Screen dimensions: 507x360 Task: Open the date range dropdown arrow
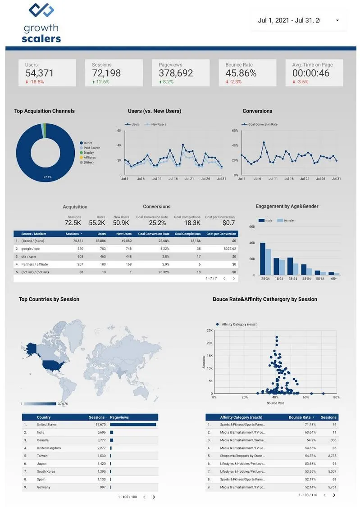pos(337,20)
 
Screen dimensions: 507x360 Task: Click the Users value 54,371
pos(39,73)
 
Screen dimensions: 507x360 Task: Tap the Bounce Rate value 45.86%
pos(241,73)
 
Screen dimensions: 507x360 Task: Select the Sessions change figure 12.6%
pos(102,82)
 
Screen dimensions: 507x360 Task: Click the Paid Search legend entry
pos(91,148)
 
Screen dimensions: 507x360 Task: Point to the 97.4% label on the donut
pos(47,177)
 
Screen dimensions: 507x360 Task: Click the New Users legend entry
pos(158,124)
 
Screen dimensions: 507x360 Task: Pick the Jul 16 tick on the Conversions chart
pos(289,179)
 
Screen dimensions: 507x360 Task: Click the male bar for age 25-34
pos(263,258)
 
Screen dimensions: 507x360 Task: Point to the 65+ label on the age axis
pos(334,279)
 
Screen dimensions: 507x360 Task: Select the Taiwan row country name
pos(43,456)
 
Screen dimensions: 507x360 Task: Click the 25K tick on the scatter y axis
pos(210,330)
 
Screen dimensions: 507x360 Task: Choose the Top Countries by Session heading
pos(49,299)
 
